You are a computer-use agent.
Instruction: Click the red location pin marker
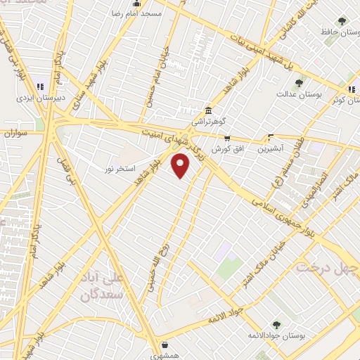(x=181, y=167)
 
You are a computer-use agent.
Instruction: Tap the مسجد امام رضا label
(x=142, y=13)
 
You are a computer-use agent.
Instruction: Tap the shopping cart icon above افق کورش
(x=226, y=138)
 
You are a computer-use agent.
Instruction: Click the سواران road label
(x=15, y=132)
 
